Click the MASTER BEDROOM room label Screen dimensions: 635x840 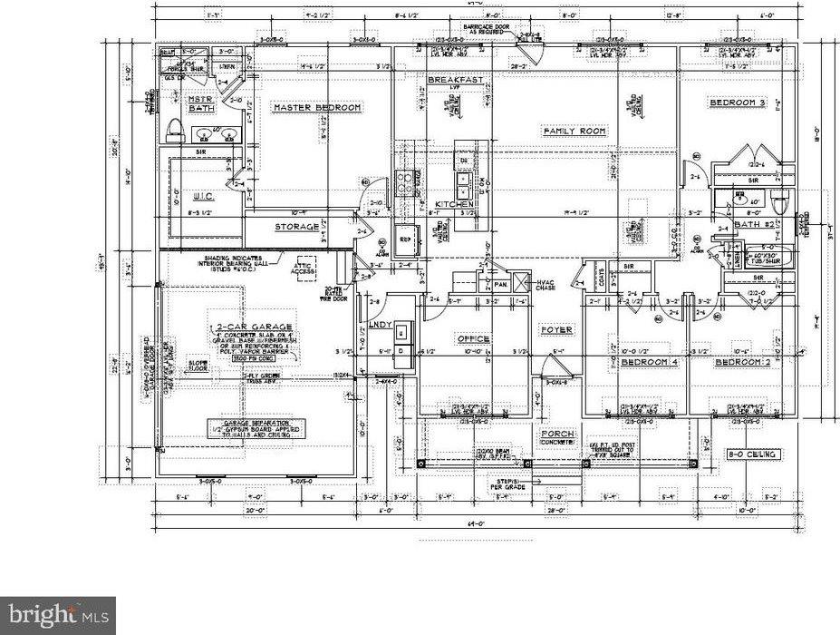[x=317, y=108]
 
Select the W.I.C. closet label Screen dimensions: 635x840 [x=202, y=195]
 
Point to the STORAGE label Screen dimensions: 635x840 [x=297, y=227]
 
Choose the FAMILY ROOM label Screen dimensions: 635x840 [x=574, y=132]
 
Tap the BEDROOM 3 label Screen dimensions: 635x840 [x=738, y=103]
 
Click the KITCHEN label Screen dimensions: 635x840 [x=455, y=205]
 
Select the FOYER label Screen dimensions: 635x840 [x=555, y=329]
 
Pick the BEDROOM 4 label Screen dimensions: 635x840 [x=649, y=363]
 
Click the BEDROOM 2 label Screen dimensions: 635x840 [x=743, y=363]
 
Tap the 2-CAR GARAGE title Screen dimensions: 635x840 [x=253, y=327]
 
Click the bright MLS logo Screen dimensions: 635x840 [x=57, y=616]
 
